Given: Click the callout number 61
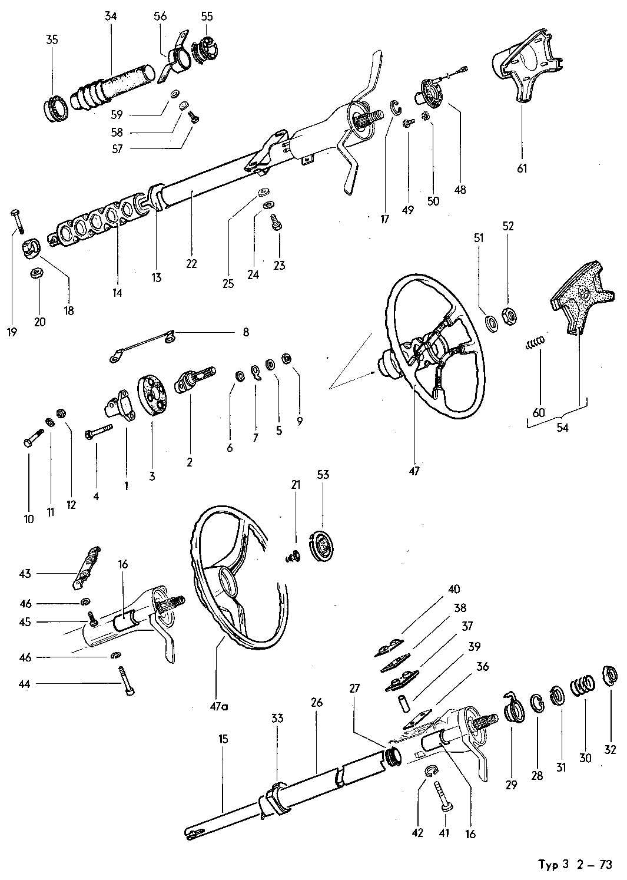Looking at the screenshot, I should tap(522, 169).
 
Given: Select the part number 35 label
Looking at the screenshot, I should tap(52, 40).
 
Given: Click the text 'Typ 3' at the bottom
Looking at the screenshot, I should tap(553, 865).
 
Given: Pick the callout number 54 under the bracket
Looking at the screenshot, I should tap(562, 428).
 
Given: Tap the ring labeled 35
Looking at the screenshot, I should tap(56, 108).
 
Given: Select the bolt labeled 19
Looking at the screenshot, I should tap(16, 221).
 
